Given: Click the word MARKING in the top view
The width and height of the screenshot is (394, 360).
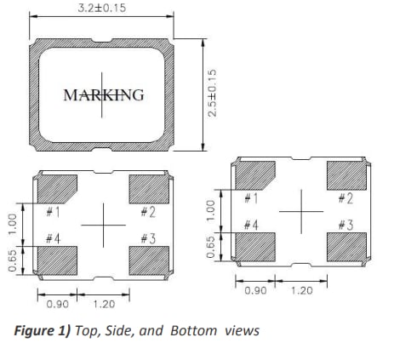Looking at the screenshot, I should [x=104, y=94].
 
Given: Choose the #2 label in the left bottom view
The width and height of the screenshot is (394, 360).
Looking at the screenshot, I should [x=146, y=210].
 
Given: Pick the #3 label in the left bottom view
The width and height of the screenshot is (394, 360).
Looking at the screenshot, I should [x=146, y=239].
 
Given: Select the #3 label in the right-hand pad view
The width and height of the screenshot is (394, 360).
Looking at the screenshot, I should [x=345, y=225].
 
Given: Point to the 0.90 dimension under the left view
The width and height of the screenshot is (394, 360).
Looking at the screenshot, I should [x=56, y=303].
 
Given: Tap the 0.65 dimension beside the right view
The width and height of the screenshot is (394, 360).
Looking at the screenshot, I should [x=212, y=246].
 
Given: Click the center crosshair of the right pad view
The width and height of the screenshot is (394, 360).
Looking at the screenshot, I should [x=300, y=212].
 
